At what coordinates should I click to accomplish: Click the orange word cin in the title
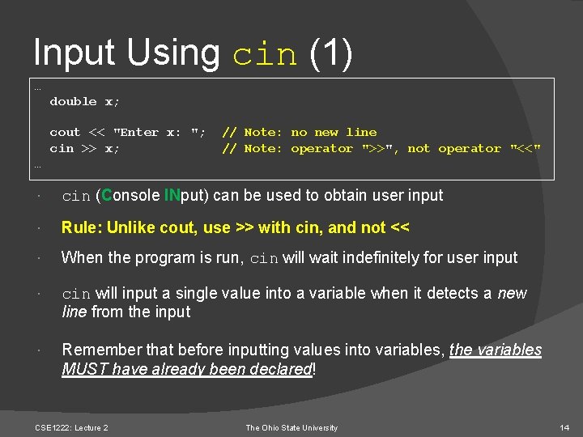click(x=265, y=53)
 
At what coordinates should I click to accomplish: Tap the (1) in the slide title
click(x=332, y=53)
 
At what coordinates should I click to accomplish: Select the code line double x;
click(x=84, y=101)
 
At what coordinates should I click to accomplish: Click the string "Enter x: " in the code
click(x=160, y=132)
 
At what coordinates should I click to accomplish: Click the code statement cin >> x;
click(x=84, y=148)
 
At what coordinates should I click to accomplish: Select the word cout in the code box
click(x=65, y=132)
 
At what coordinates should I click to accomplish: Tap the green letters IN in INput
click(x=172, y=195)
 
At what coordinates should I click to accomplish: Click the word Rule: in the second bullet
click(x=81, y=228)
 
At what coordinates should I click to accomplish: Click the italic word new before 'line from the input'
click(x=513, y=293)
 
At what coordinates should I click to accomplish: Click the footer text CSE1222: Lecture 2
click(x=72, y=427)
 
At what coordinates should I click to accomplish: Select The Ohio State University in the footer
click(x=291, y=427)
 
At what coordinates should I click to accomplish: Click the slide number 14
click(x=564, y=427)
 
